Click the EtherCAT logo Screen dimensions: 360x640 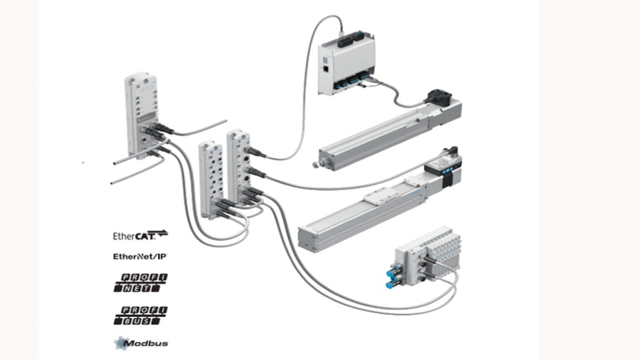tap(140, 235)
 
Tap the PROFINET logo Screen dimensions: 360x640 tap(141, 283)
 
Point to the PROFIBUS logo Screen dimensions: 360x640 tap(141, 315)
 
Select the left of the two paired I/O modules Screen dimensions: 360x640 tap(211, 173)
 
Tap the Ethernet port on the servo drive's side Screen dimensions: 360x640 tap(326, 69)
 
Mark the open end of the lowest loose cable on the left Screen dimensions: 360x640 tap(113, 184)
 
